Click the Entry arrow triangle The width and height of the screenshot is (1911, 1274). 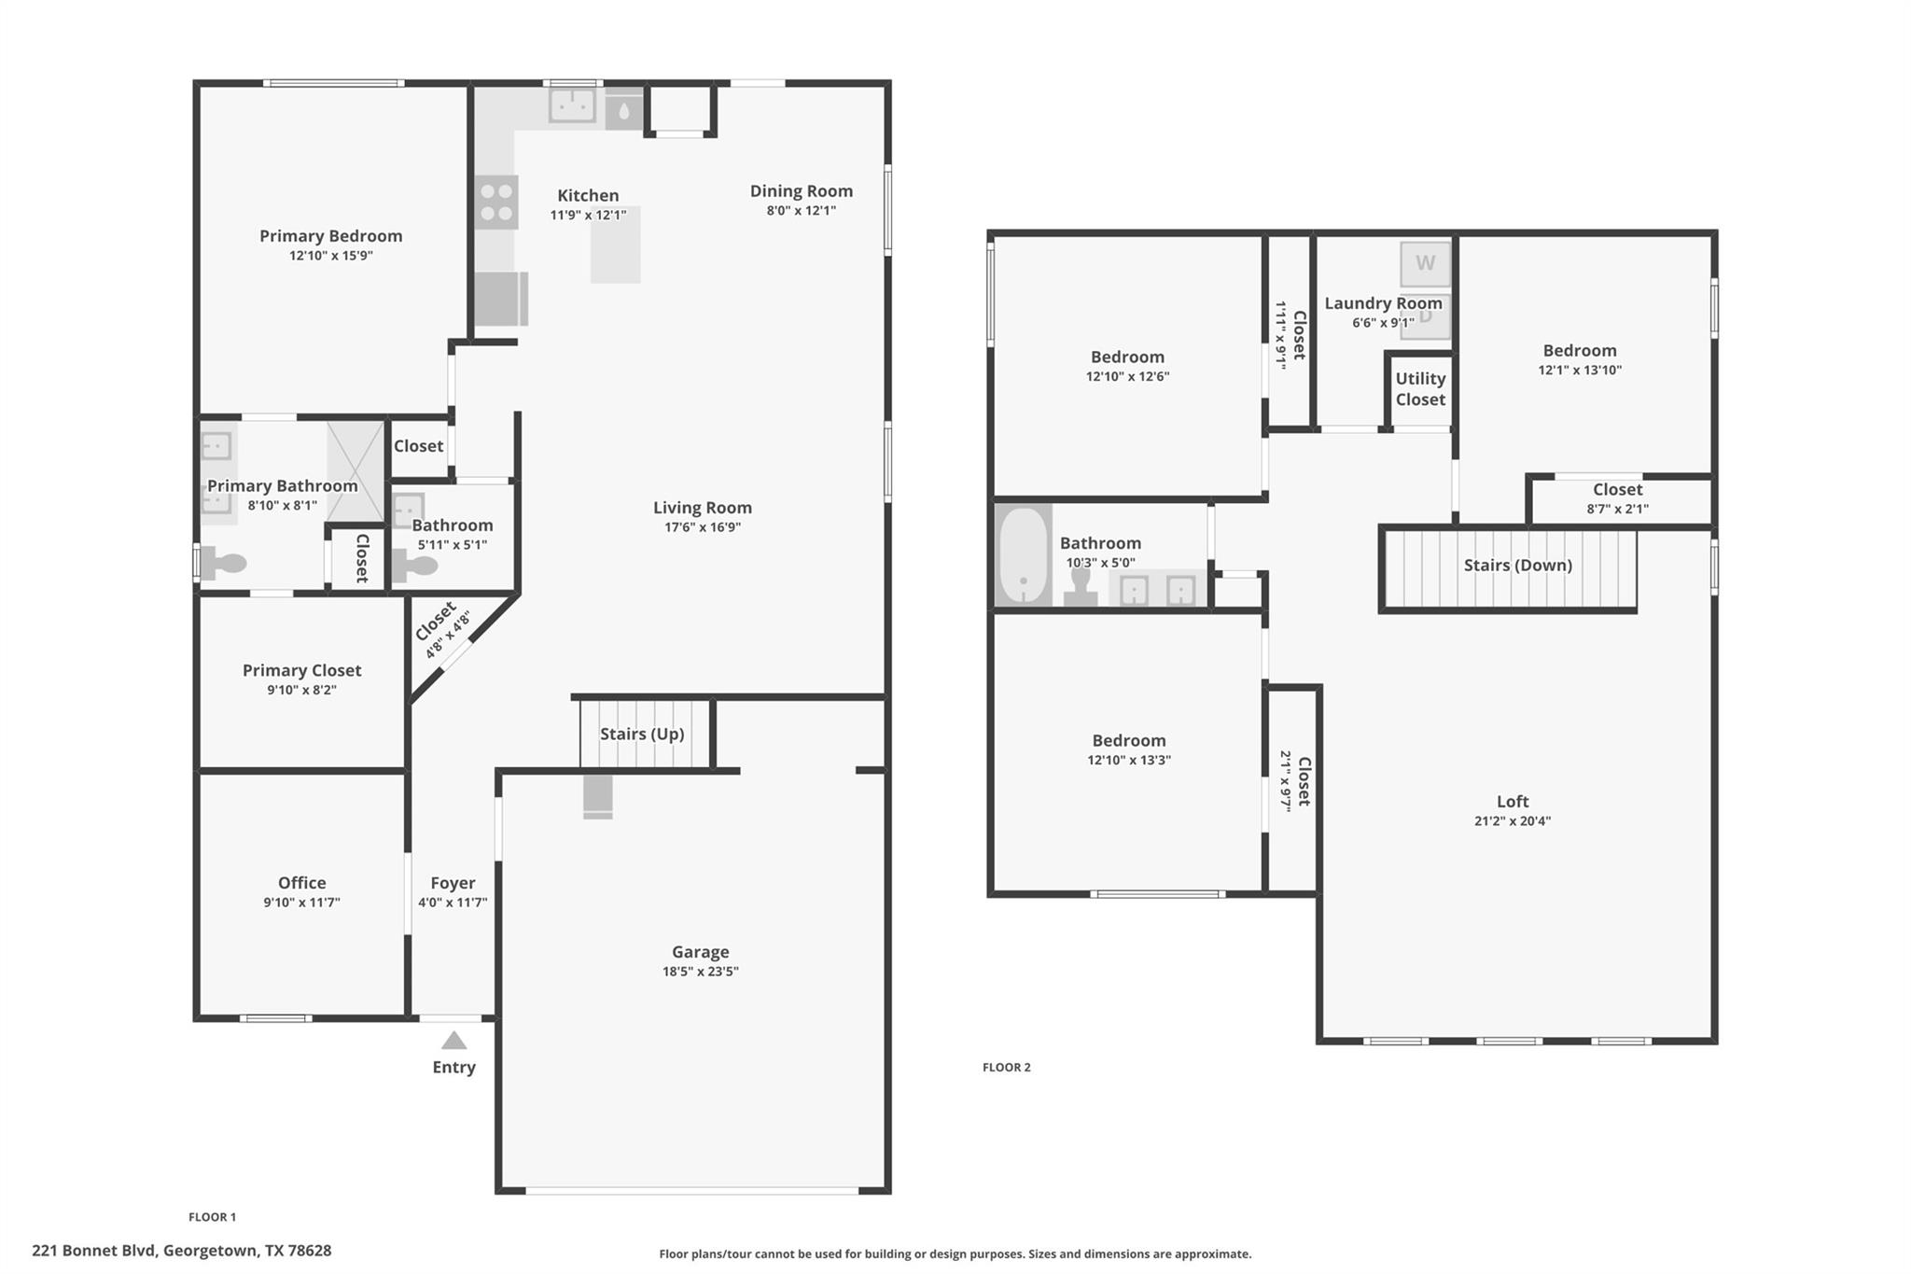[453, 1040]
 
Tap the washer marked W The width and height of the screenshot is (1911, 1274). [1425, 263]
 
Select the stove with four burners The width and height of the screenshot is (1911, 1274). [495, 203]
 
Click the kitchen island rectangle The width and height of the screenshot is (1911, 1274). [615, 245]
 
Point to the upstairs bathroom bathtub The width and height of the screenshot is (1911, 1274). [1024, 556]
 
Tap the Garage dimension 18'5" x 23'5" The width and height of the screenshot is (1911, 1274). [700, 971]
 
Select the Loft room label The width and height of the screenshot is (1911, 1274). [1512, 801]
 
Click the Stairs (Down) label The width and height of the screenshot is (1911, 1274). [1517, 565]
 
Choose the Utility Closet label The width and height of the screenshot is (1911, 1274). [1420, 389]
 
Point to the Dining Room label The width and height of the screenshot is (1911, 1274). [801, 190]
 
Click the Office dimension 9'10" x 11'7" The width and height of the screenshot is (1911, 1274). [301, 902]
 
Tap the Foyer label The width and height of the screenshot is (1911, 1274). [453, 882]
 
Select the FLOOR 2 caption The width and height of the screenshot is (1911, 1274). [1006, 1067]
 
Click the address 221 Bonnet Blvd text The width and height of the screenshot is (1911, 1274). [181, 1250]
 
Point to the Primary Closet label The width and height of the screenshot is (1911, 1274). [301, 670]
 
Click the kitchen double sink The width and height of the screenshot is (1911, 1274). [572, 105]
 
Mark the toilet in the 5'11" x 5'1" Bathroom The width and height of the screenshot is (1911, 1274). [415, 566]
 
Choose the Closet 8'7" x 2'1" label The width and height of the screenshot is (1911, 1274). [1617, 489]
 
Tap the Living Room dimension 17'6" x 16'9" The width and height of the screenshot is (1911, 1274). [702, 526]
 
